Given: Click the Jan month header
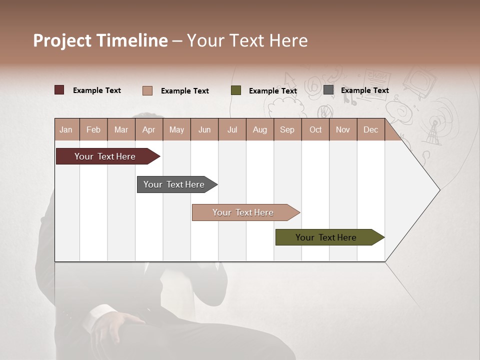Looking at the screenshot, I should click(66, 129).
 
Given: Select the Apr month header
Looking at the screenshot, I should click(149, 129).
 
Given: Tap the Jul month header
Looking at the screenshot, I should click(232, 129).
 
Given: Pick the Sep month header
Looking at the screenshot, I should click(287, 129).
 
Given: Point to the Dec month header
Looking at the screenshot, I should click(370, 129).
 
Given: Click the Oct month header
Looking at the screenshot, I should click(315, 129).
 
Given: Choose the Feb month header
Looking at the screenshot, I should click(93, 129).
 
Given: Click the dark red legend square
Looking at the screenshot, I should click(59, 90).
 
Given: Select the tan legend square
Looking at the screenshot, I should click(147, 90).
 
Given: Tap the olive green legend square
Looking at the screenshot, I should click(236, 90).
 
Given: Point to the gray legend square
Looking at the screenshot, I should click(328, 90).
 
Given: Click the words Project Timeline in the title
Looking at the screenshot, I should click(100, 40).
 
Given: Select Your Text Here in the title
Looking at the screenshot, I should click(247, 40).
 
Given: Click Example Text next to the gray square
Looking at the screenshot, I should click(364, 90).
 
